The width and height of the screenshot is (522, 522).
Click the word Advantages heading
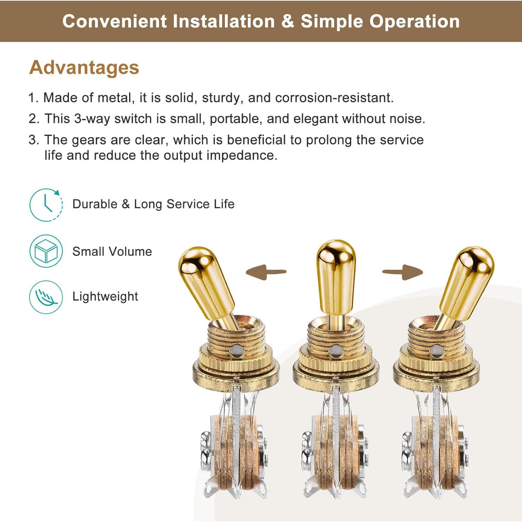(84, 67)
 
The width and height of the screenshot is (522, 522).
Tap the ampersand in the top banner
(287, 21)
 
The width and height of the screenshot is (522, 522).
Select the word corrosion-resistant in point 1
(334, 98)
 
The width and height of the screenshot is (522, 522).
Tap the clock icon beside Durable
(46, 205)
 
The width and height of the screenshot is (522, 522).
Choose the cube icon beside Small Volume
(46, 251)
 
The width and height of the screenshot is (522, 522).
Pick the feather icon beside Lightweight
(46, 297)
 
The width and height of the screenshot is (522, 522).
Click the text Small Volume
(112, 251)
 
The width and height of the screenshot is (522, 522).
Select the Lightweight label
(105, 296)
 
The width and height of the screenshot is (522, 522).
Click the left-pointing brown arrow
(266, 271)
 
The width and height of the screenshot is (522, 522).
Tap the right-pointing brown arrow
(403, 271)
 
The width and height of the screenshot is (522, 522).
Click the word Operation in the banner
(414, 21)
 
